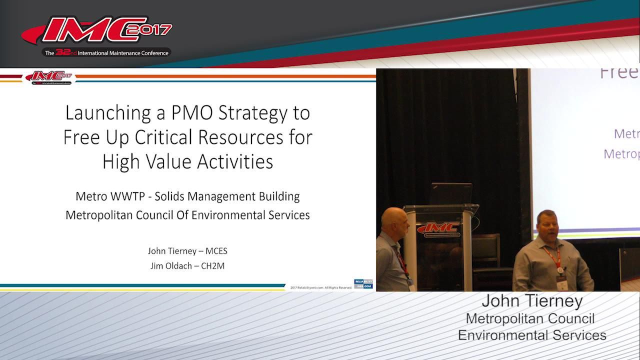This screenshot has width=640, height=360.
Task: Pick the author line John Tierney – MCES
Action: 187,251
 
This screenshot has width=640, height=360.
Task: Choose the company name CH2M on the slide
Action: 212,266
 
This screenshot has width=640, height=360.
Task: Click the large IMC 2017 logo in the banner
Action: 97,32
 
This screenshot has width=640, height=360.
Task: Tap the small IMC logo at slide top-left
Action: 49,77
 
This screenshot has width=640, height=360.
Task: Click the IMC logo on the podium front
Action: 440,229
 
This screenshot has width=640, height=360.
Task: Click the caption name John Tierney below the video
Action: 532,301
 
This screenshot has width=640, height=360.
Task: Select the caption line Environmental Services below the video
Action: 532,335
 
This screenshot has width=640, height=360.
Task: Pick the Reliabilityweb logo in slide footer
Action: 363,284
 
